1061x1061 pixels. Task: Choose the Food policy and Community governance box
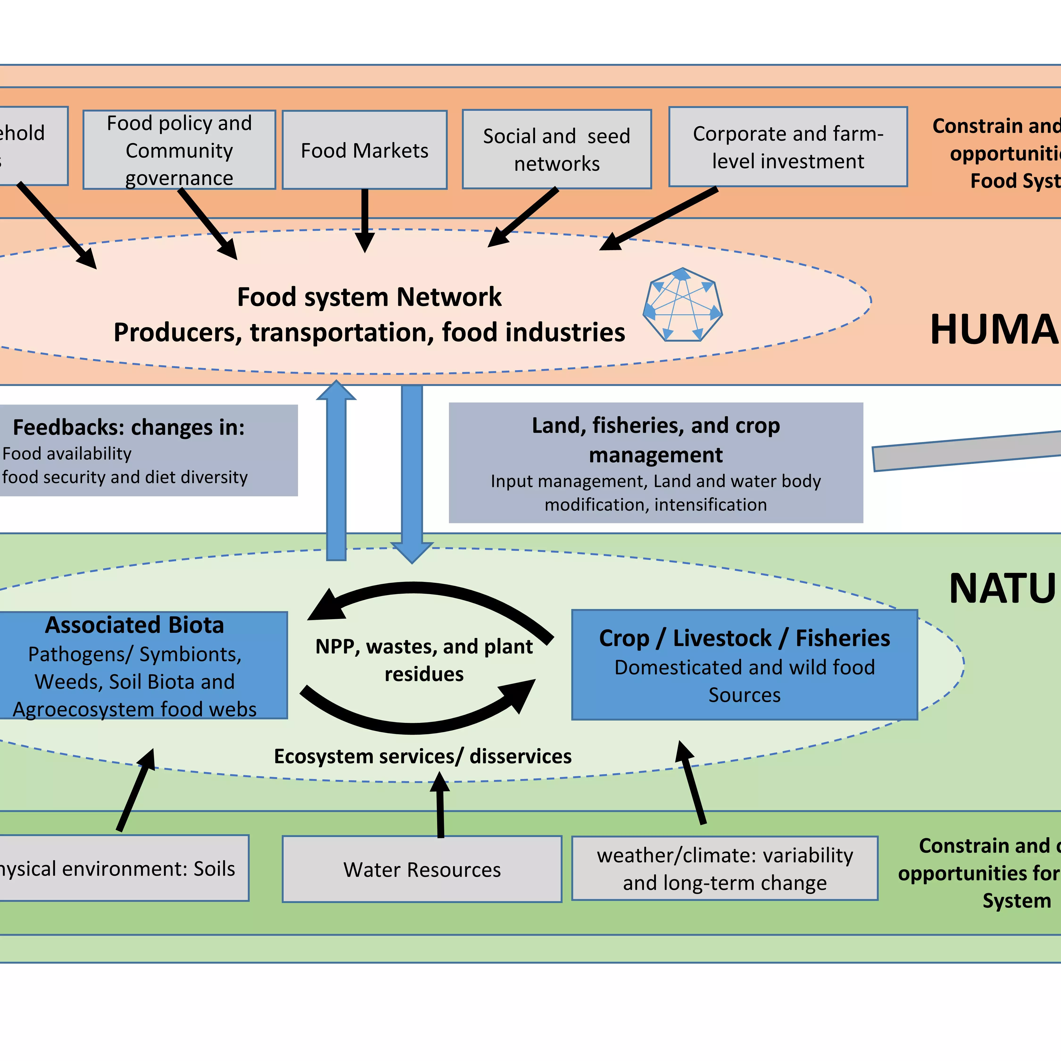tap(179, 150)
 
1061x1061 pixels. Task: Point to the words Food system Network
tap(369, 297)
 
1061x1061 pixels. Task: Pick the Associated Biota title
tap(135, 625)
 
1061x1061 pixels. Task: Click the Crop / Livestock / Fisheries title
tap(744, 638)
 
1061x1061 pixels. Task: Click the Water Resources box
tap(422, 869)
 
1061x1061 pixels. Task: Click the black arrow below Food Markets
tap(365, 220)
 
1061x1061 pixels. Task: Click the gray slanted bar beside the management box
tap(966, 450)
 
